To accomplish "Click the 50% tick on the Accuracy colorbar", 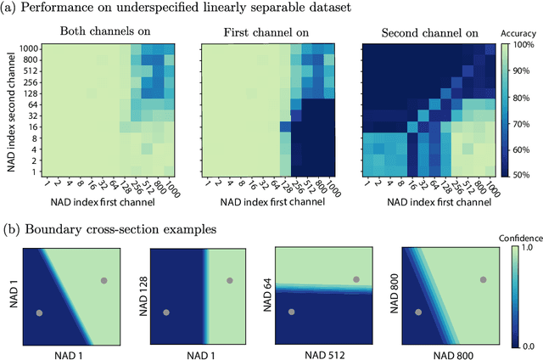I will tap(521, 174).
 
